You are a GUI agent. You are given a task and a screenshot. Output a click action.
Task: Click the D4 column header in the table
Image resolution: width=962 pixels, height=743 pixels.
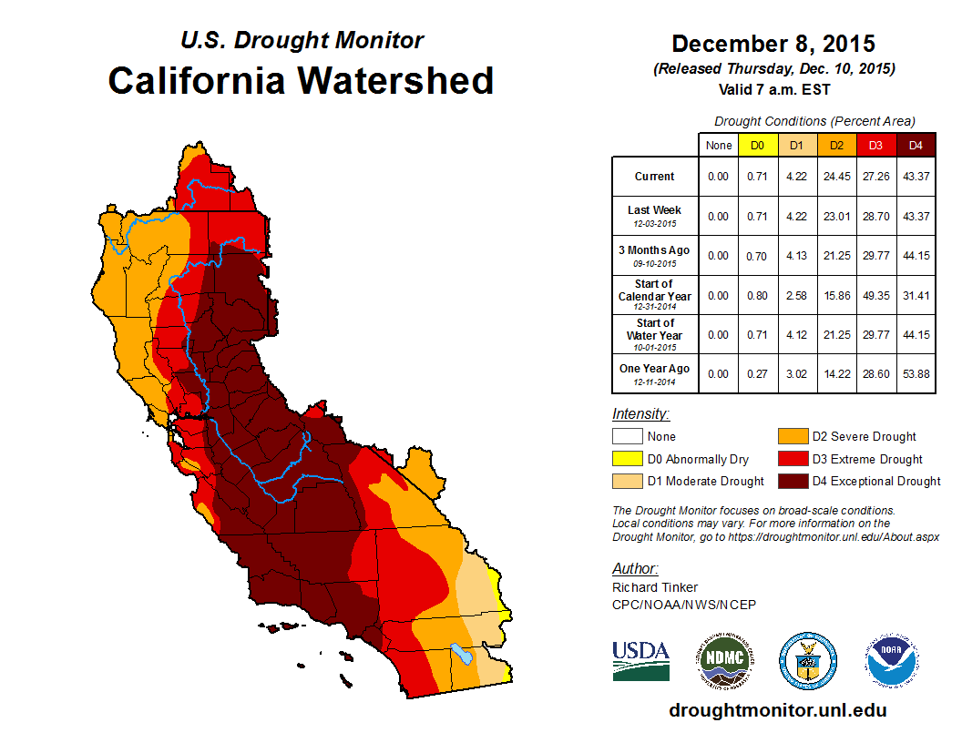[916, 145]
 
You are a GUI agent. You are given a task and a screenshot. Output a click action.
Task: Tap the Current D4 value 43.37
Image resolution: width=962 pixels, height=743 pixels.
[916, 177]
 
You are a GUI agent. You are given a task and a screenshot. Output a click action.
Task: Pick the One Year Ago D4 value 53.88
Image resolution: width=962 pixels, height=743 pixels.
[916, 373]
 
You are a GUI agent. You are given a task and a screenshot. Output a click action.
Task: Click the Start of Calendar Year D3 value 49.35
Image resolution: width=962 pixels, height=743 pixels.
[876, 295]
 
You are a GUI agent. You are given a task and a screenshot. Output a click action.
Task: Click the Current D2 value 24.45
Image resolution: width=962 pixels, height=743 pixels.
[837, 177]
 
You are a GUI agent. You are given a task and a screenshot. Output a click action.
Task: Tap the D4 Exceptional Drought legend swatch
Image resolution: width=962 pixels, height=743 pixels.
[793, 481]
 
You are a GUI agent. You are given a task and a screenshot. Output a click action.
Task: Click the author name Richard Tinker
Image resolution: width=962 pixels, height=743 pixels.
[655, 587]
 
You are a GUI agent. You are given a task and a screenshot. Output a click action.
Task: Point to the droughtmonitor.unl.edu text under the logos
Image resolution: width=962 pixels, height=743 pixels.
[777, 710]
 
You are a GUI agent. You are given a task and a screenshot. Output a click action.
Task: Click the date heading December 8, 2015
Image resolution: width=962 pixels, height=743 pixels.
[773, 43]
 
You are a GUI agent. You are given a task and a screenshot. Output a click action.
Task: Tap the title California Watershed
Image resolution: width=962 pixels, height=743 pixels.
[301, 80]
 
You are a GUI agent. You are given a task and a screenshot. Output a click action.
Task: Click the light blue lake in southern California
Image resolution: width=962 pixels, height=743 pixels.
[462, 654]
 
